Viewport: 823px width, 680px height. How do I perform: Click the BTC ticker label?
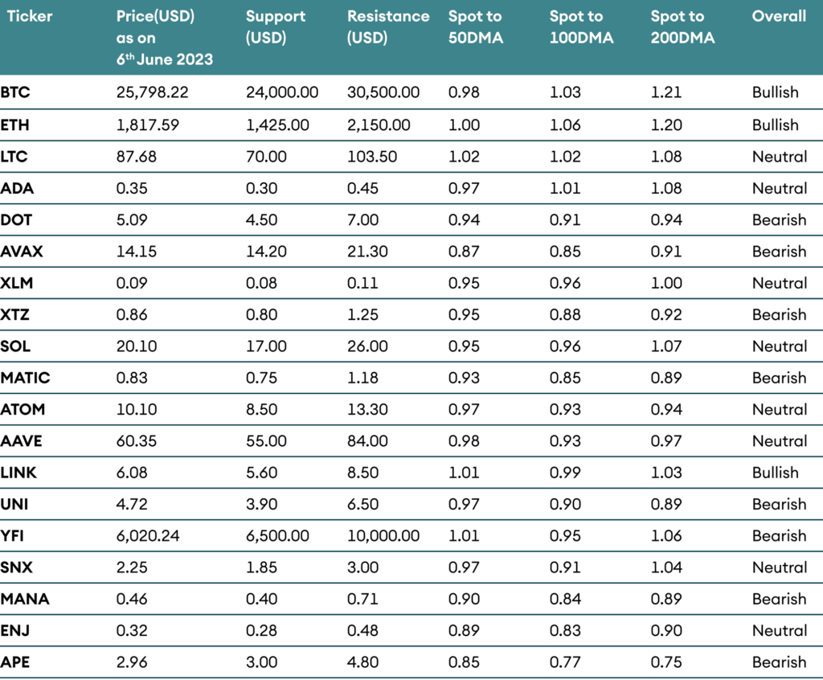(15, 92)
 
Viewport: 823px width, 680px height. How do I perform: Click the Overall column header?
(779, 16)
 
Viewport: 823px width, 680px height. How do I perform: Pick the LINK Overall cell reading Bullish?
(775, 473)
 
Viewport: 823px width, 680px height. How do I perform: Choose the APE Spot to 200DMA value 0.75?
(665, 662)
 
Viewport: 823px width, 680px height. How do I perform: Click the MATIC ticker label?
(25, 378)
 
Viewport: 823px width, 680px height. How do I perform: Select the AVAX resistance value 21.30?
(367, 252)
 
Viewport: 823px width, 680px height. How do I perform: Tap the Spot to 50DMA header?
(475, 27)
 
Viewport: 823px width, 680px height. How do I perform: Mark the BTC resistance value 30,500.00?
(383, 92)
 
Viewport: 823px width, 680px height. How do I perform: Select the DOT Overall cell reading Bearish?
(779, 220)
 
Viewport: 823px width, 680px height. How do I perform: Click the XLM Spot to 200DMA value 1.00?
(665, 283)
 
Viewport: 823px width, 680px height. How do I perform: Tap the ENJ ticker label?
(15, 631)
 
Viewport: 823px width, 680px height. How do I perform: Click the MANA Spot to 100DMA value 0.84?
(564, 599)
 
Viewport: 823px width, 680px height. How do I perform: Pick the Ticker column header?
(30, 16)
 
